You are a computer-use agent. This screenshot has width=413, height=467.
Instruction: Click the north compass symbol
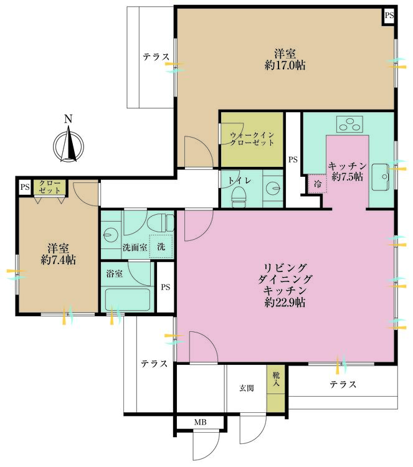click(x=69, y=143)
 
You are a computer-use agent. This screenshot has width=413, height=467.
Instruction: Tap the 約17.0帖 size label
click(x=285, y=65)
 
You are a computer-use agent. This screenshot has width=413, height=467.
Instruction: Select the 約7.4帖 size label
click(x=59, y=260)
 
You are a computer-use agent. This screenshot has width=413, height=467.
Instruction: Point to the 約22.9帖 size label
click(x=285, y=303)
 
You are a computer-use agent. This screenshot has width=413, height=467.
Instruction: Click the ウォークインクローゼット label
click(x=252, y=139)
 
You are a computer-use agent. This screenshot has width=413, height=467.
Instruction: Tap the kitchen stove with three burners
click(x=349, y=124)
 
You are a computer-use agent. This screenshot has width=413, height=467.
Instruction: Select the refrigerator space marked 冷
click(x=318, y=184)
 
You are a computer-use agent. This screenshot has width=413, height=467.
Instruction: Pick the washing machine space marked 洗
click(x=161, y=247)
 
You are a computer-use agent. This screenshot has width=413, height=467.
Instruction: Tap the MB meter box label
click(x=200, y=422)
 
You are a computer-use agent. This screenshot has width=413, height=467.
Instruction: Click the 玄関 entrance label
click(x=247, y=388)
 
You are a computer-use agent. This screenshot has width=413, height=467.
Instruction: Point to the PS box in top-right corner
click(x=389, y=15)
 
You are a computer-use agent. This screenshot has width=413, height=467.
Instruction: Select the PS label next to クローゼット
click(x=25, y=187)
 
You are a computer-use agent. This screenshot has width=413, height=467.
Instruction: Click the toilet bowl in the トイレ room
click(x=239, y=197)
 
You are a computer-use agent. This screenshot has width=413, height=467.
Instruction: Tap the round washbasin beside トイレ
click(x=273, y=188)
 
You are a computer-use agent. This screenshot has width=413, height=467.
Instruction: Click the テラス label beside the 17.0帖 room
click(x=156, y=57)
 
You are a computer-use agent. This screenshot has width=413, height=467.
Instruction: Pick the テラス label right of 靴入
click(x=343, y=384)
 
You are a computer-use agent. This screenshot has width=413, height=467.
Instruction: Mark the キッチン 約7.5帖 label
click(x=347, y=172)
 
